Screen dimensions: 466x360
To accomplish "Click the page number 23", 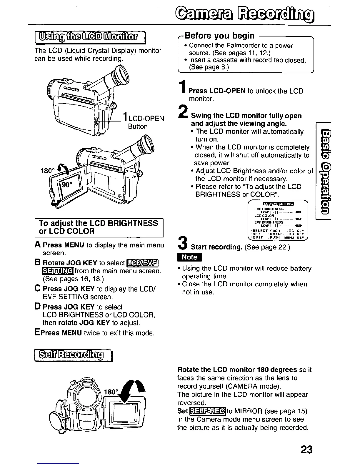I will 306,450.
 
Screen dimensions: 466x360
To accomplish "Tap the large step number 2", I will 183,114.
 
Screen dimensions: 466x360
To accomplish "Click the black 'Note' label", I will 190,257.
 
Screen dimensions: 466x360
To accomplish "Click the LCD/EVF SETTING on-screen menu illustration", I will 278,219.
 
